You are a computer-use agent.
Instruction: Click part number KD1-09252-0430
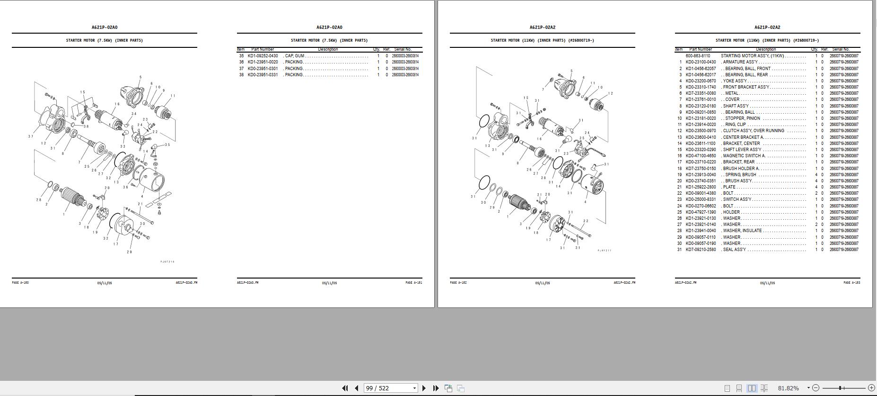pyautogui.click(x=263, y=56)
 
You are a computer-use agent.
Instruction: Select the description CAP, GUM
pyautogui.click(x=294, y=56)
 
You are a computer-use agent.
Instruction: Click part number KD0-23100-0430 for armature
pyautogui.click(x=701, y=62)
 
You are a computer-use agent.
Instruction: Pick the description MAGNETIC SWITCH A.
pyautogui.click(x=744, y=156)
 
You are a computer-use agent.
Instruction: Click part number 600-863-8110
pyautogui.click(x=698, y=56)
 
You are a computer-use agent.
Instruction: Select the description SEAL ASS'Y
pyautogui.click(x=734, y=250)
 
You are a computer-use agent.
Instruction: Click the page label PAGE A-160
pyautogui.click(x=20, y=283)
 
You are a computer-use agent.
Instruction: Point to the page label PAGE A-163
pyautogui.click(x=851, y=283)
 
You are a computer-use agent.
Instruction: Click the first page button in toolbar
pyautogui.click(x=345, y=388)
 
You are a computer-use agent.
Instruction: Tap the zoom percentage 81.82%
pyautogui.click(x=788, y=388)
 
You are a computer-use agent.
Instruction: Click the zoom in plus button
pyautogui.click(x=871, y=388)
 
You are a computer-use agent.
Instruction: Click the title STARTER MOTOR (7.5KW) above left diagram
pyautogui.click(x=104, y=40)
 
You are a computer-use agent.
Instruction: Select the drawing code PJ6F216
pyautogui.click(x=167, y=262)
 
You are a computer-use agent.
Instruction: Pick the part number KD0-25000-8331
pyautogui.click(x=701, y=199)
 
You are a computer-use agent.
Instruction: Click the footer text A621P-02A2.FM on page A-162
pyautogui.click(x=624, y=283)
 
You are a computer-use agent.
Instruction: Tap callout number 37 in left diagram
pyautogui.click(x=30, y=136)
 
